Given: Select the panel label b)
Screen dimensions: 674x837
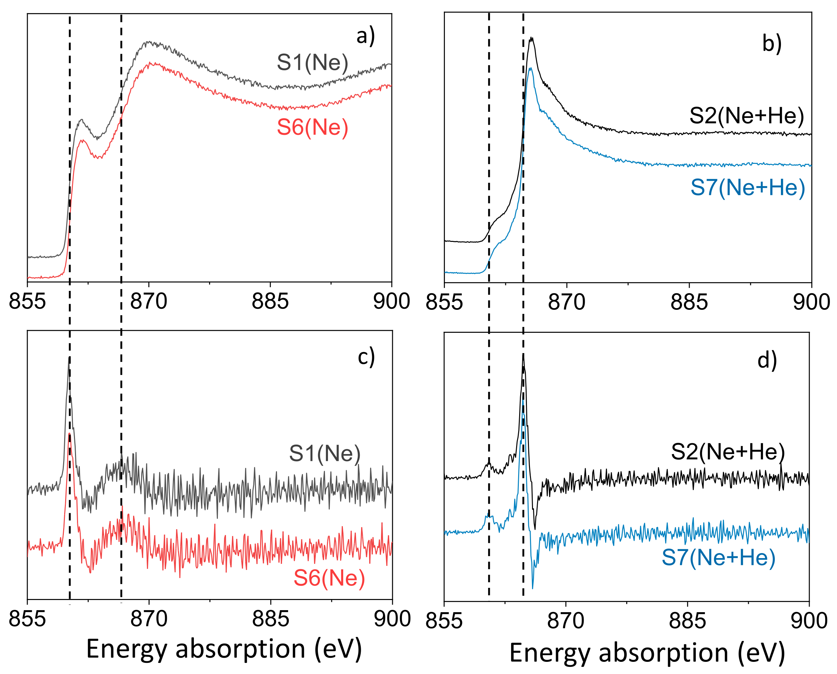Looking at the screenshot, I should [772, 44].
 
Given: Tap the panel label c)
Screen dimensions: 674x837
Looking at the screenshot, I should [366, 356].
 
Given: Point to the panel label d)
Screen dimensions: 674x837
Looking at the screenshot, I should [767, 360].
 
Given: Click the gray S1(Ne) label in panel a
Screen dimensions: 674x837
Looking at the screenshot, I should [312, 63].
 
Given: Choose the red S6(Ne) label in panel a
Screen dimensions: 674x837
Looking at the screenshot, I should [312, 127].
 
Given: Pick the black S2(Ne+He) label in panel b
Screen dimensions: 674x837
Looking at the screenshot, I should [746, 116].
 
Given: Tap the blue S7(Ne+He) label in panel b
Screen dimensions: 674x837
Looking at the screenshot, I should [747, 188].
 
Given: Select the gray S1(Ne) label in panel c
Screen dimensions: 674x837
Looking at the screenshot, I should [325, 453].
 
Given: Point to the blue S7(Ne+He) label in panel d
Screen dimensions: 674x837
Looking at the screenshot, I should [718, 557].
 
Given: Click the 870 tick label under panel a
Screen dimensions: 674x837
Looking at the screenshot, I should [149, 302].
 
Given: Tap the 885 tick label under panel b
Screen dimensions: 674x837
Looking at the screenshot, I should [689, 302].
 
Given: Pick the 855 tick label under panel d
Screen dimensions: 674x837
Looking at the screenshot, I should [444, 620].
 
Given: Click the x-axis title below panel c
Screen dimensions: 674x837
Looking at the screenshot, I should [224, 649].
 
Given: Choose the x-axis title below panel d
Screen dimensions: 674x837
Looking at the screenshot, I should [647, 653].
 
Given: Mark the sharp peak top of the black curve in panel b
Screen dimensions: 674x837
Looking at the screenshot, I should [531, 38].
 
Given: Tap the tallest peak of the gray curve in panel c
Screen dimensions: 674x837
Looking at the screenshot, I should [69, 357].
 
